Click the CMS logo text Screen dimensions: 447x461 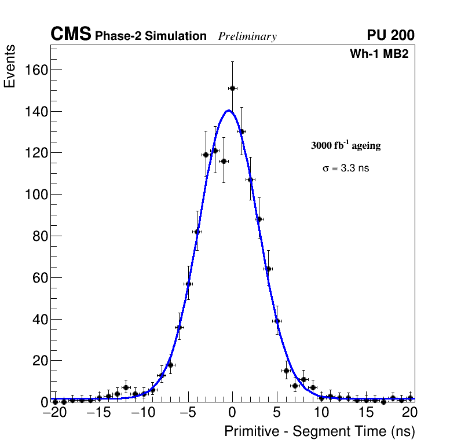(x=71, y=35)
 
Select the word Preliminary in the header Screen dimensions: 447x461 (x=247, y=36)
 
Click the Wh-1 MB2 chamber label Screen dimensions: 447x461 (x=379, y=54)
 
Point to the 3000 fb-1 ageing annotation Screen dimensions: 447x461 (x=346, y=145)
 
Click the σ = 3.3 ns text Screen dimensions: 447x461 (x=346, y=168)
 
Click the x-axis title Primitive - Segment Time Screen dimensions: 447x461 (x=319, y=431)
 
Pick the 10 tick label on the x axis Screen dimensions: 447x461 (x=321, y=413)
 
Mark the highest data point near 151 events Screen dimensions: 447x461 (x=232, y=88)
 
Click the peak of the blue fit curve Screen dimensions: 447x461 (x=229, y=111)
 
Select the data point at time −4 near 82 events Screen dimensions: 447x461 (x=197, y=232)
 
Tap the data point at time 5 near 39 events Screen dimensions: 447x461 (x=277, y=321)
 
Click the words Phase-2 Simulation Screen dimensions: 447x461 (x=151, y=36)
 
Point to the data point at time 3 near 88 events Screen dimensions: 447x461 (x=259, y=219)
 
